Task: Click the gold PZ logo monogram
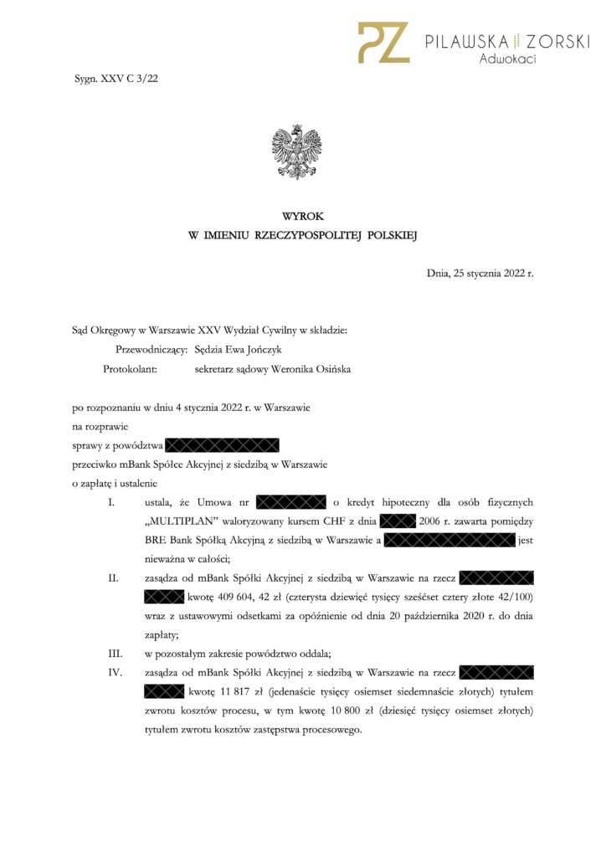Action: tap(383, 43)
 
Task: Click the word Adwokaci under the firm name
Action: tap(507, 59)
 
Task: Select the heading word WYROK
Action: tap(302, 217)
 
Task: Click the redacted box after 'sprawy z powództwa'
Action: tap(221, 444)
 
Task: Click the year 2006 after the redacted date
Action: tap(430, 521)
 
